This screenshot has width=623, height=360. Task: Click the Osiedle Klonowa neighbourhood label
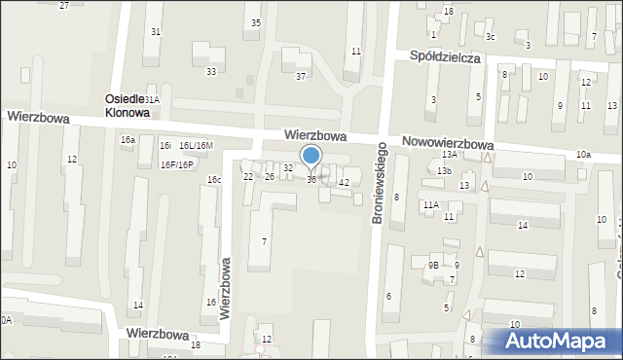[128, 106]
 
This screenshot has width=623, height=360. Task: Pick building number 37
[301, 76]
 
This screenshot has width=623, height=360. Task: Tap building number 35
[255, 22]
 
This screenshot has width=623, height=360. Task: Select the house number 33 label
[210, 71]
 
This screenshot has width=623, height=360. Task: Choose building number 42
[344, 183]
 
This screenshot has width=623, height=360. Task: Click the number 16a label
[128, 140]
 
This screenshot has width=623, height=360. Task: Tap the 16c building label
[213, 180]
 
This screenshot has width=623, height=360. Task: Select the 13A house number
[449, 155]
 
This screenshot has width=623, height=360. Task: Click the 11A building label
[430, 204]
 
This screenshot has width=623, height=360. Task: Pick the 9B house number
[434, 265]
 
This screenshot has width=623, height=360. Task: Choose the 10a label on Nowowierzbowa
[582, 155]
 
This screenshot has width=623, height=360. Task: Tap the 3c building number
[491, 37]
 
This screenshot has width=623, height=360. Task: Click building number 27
[63, 5]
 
